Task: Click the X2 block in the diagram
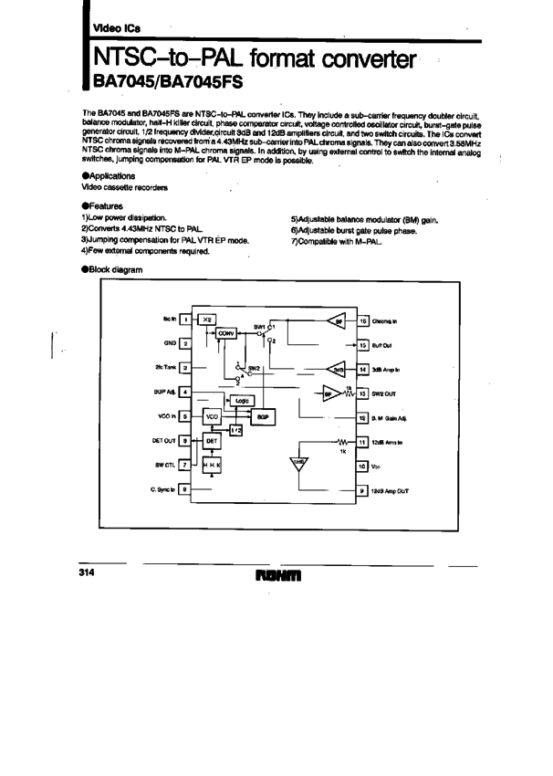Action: click(207, 320)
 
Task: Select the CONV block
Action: click(227, 333)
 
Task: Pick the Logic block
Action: click(242, 401)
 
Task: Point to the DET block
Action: click(212, 440)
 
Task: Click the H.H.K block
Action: click(212, 465)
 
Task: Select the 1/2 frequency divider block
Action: click(236, 429)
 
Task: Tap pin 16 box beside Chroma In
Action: click(362, 320)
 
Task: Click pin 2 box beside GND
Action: click(185, 343)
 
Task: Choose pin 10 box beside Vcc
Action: click(362, 465)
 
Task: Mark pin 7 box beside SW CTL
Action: click(185, 465)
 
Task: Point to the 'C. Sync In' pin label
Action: click(162, 489)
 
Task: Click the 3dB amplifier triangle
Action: click(336, 370)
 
